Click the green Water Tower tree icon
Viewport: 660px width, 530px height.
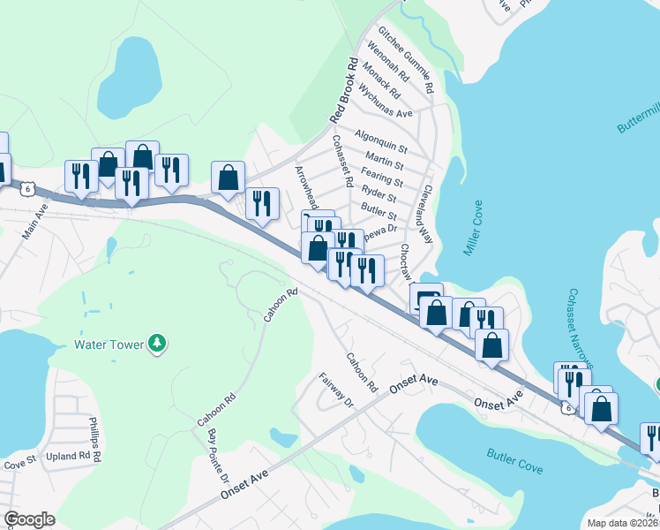(x=157, y=344)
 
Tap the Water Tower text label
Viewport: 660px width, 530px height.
(x=109, y=344)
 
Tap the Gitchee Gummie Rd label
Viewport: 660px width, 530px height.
(x=406, y=60)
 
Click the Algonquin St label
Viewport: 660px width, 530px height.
(x=380, y=140)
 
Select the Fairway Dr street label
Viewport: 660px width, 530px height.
(x=335, y=390)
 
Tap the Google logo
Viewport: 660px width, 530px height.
(x=29, y=519)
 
